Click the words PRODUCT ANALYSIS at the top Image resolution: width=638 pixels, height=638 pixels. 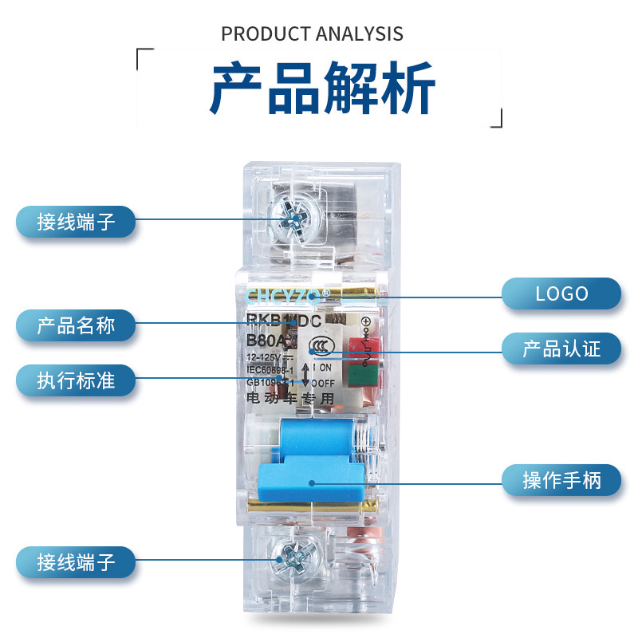click(312, 34)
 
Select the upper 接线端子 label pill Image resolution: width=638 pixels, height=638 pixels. click(76, 221)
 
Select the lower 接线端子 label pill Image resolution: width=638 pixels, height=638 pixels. click(76, 562)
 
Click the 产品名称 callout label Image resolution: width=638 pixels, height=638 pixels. click(76, 325)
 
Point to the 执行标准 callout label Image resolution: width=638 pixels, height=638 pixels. click(76, 380)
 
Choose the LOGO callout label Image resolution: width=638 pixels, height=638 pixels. click(561, 293)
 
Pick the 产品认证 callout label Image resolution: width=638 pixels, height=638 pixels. click(561, 349)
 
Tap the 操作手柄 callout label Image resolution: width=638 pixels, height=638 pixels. click(561, 480)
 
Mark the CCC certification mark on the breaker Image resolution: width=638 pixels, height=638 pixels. click(321, 348)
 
